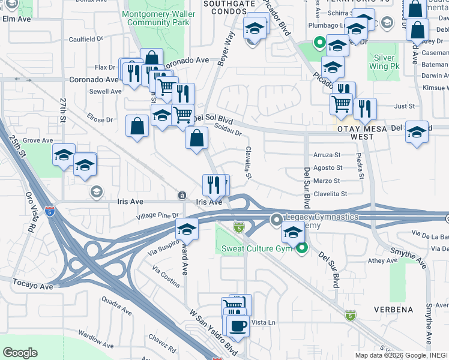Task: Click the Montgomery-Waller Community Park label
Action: [x=155, y=17]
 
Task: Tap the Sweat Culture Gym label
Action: [x=258, y=248]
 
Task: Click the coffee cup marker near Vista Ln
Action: [x=238, y=326]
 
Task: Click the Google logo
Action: [x=20, y=353]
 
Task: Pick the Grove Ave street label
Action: [x=38, y=140]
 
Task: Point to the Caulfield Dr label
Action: [x=86, y=39]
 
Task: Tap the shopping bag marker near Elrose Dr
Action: [x=137, y=126]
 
